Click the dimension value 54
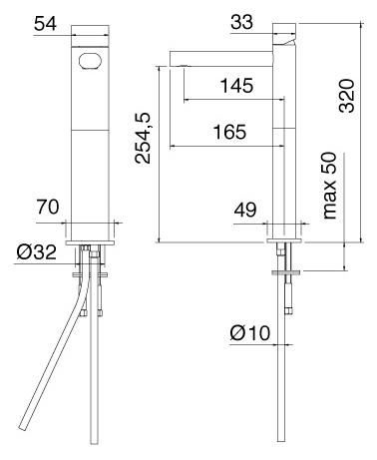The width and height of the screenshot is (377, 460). (x=45, y=24)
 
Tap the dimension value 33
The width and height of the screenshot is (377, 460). (x=242, y=23)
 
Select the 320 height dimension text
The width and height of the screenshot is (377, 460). (x=346, y=96)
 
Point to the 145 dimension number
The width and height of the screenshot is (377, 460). (x=236, y=86)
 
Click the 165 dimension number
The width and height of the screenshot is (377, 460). (x=229, y=132)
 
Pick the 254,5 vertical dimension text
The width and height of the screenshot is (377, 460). (x=143, y=138)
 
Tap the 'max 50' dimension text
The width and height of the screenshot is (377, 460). (x=329, y=186)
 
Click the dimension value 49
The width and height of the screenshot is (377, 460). (x=245, y=210)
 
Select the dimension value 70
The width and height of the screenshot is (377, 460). (x=48, y=207)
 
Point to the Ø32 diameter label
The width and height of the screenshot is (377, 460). (x=37, y=252)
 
